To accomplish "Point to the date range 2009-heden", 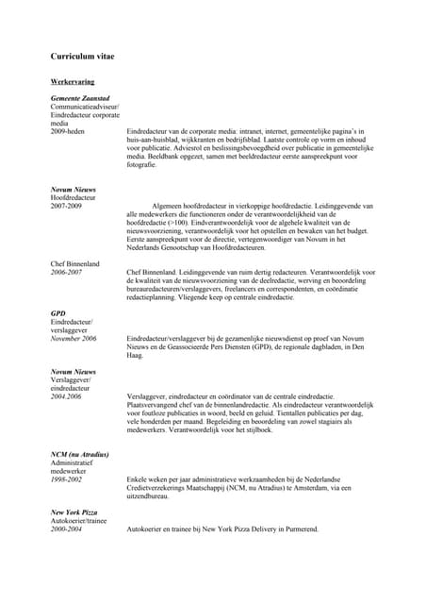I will click(x=71, y=132).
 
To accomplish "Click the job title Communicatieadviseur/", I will click(x=86, y=108).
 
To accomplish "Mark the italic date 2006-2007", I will click(x=67, y=272).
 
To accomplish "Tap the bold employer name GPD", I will click(x=57, y=312).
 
